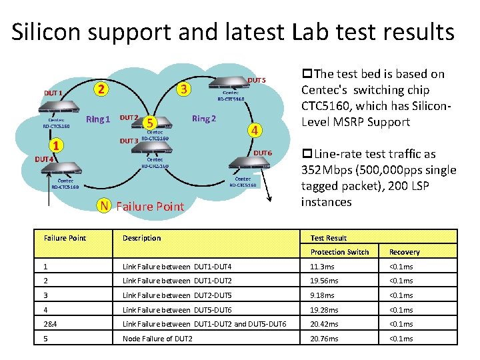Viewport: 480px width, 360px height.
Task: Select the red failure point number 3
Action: [186, 89]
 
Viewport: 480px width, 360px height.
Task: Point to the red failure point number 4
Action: [254, 129]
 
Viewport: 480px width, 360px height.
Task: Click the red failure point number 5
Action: [151, 123]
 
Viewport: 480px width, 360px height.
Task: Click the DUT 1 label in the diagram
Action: [53, 93]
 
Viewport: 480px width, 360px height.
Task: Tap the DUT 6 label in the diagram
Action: [262, 153]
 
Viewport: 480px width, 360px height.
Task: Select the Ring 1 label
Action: [98, 119]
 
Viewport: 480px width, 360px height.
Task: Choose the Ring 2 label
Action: [204, 119]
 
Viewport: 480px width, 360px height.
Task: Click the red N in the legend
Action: [103, 205]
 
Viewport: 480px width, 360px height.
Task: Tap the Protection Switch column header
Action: [339, 252]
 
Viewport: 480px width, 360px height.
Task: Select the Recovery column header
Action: [405, 252]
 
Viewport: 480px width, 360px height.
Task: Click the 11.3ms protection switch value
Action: [322, 267]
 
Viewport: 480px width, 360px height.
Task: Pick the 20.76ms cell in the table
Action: [325, 339]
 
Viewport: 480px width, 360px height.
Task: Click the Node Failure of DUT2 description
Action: [157, 339]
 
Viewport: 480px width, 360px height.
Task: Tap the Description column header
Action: [141, 238]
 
